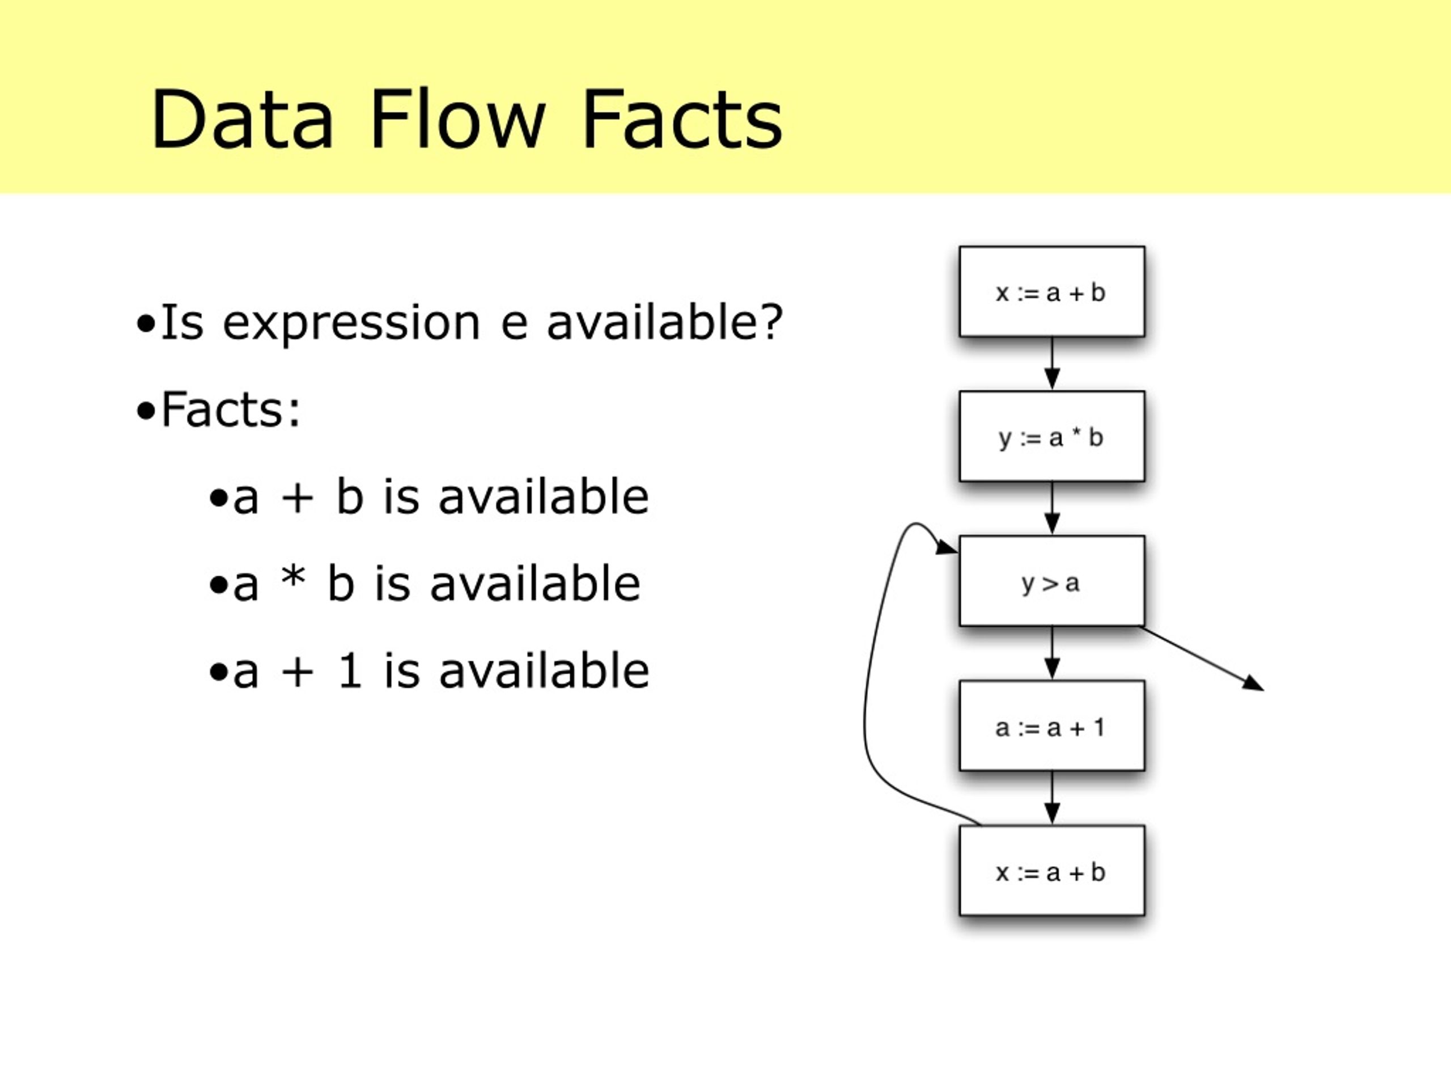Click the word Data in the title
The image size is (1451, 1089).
tap(243, 120)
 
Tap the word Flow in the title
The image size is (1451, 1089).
tap(458, 120)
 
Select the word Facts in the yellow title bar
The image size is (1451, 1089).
tap(682, 120)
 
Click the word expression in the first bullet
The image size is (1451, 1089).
tap(351, 324)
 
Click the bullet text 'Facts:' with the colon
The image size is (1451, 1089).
tap(230, 410)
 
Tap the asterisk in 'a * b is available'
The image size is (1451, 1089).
tap(292, 576)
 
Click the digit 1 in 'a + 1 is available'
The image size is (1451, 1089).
tap(350, 670)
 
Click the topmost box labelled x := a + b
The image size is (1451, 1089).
tap(1051, 292)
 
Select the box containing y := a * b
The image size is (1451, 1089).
tap(1051, 437)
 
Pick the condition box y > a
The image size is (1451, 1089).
tap(1051, 581)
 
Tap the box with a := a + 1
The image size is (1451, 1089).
tap(1051, 726)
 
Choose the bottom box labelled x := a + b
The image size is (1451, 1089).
tap(1051, 871)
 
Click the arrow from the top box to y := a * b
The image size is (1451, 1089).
tap(1052, 364)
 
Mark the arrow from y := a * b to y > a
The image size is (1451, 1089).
tap(1052, 509)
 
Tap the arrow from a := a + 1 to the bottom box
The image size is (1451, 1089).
tap(1052, 798)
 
